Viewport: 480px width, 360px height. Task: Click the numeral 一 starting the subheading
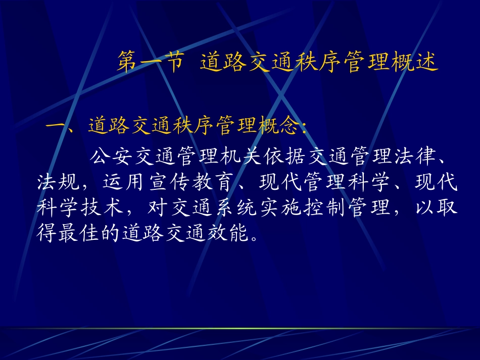[55, 126]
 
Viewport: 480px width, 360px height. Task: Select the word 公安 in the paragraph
[111, 157]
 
